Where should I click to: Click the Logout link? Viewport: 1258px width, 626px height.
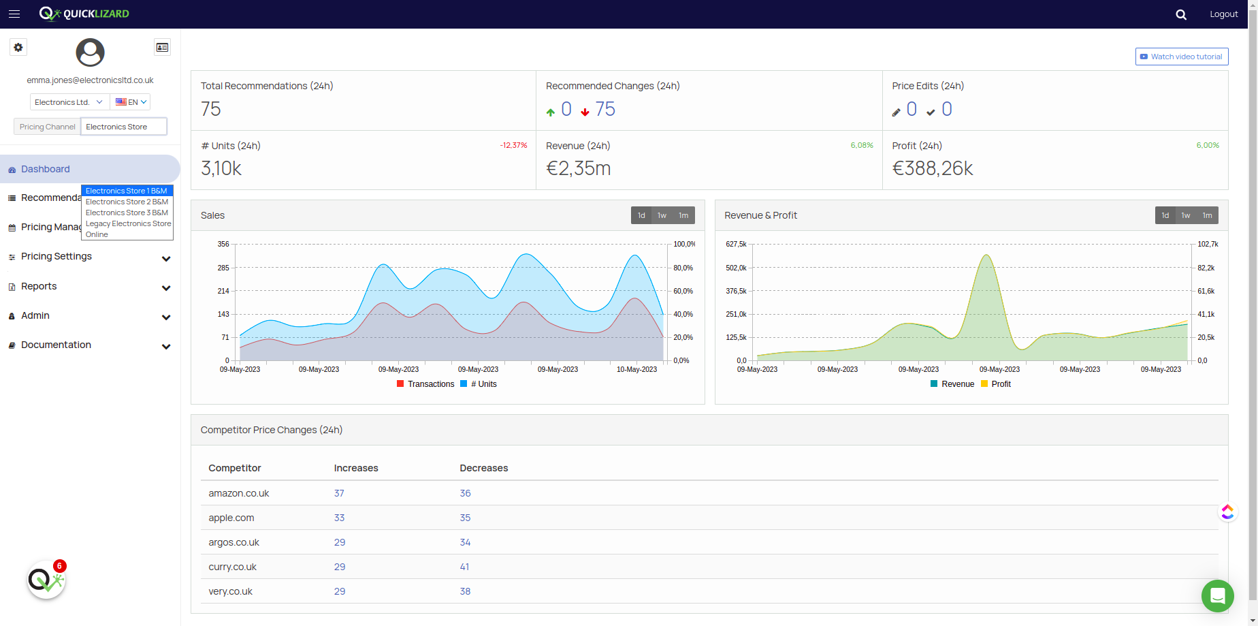pos(1223,14)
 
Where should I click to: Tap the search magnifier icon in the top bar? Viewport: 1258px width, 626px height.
pos(1181,14)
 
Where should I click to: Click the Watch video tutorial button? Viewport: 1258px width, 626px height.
pos(1182,57)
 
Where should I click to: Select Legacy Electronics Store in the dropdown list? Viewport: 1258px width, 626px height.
pos(128,223)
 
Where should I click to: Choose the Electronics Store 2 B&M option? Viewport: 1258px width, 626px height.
pos(127,202)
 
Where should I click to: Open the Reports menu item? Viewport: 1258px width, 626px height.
pos(39,286)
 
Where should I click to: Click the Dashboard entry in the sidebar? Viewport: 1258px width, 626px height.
pos(45,169)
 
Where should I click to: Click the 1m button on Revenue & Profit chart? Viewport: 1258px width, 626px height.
pos(1207,215)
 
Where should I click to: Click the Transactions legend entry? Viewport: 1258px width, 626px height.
pos(425,384)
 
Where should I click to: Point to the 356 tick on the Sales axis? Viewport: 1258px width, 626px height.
pos(223,244)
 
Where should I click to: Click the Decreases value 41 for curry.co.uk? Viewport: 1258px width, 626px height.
pos(464,567)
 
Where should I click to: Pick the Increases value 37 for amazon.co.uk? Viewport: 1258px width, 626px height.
pos(339,493)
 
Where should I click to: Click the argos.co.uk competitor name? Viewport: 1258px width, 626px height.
pos(233,542)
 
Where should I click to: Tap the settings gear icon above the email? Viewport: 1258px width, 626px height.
pos(18,47)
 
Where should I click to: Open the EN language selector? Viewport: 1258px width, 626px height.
pos(131,102)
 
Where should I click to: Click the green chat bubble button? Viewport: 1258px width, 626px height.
pos(1218,596)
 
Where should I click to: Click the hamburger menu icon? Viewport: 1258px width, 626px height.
pos(14,14)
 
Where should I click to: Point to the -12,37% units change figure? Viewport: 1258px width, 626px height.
pos(513,145)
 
